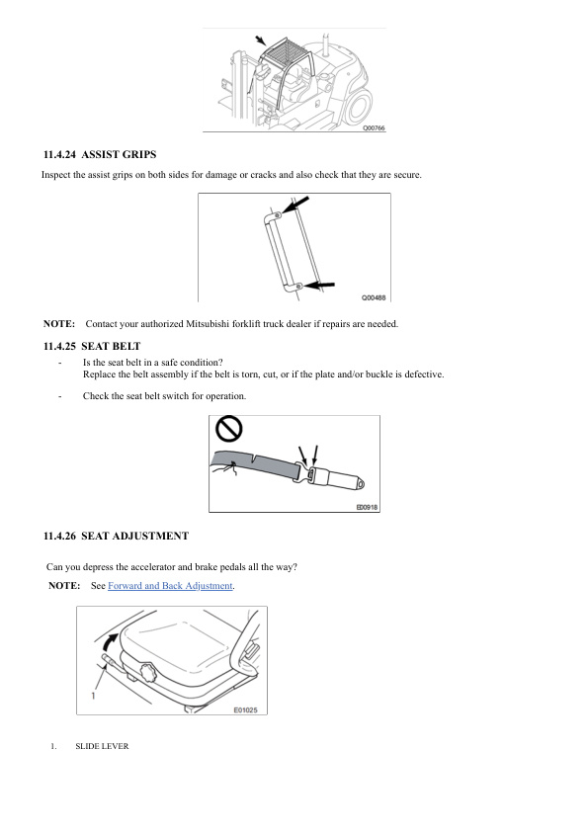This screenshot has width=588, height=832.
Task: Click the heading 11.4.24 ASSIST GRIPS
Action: pos(100,155)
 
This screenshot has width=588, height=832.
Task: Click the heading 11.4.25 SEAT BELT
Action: pos(92,347)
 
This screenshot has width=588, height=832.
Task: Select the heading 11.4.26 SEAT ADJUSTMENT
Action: pos(116,536)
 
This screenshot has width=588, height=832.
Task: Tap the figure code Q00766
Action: pos(374,128)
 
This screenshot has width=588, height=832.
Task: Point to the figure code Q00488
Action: pos(373,296)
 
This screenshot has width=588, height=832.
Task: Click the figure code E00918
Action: pos(367,508)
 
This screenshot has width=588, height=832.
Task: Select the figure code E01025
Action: pos(245,708)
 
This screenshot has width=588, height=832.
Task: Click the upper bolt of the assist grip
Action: pos(279,214)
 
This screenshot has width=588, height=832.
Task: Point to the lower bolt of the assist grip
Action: pos(299,286)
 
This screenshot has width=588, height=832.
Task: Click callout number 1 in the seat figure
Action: pos(92,696)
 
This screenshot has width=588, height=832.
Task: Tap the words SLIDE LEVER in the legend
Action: pos(102,746)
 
